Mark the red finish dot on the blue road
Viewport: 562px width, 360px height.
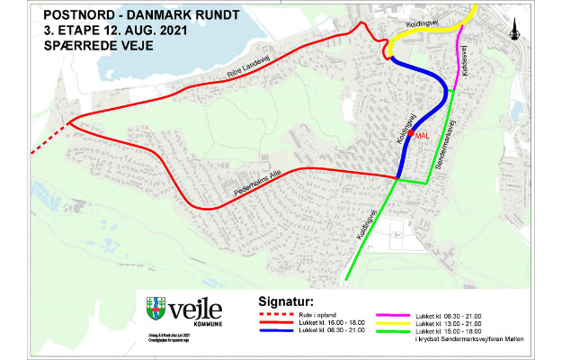[x=411, y=132]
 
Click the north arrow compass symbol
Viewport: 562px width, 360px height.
[x=513, y=29]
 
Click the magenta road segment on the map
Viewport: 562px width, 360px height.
[x=459, y=67]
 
